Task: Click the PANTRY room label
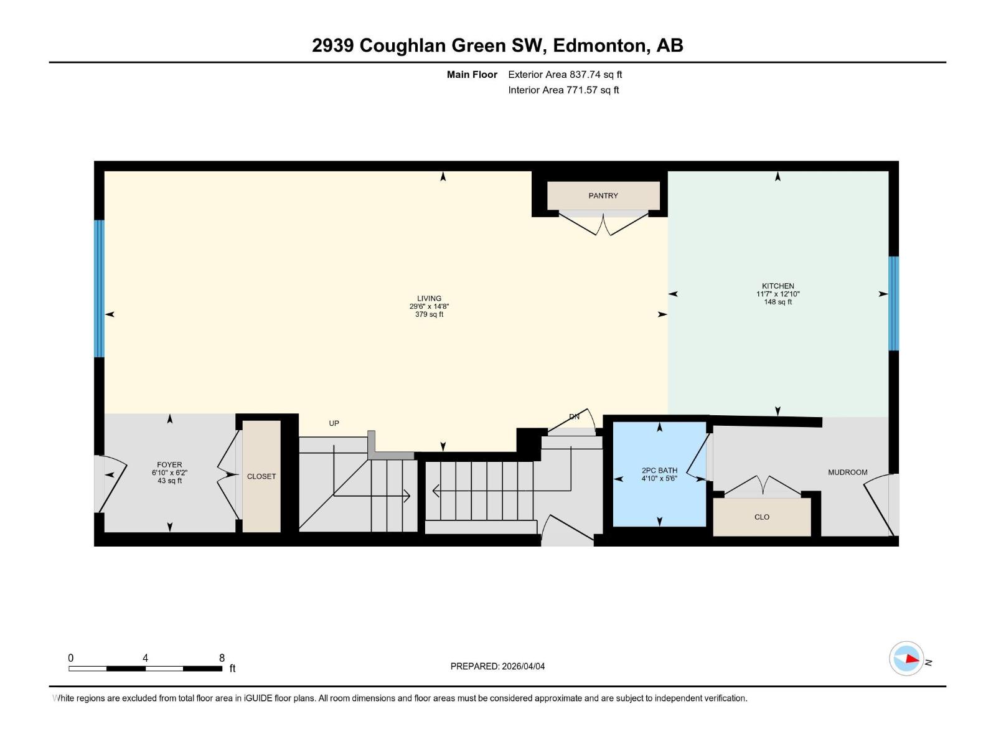tap(603, 195)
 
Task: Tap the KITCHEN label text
tap(778, 286)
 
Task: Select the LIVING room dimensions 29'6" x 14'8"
tap(429, 306)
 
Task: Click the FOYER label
tap(169, 465)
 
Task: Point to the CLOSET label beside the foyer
tap(261, 476)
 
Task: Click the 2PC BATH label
tap(659, 471)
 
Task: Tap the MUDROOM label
tap(847, 472)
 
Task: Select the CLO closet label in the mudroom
tap(762, 517)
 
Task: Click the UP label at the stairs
tap(334, 423)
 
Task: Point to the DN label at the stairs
tap(574, 416)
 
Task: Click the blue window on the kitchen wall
tap(893, 303)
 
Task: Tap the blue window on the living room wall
tap(99, 288)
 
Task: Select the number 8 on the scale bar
tap(222, 658)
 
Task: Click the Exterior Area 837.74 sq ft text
tap(565, 75)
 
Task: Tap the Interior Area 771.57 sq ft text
tap(563, 90)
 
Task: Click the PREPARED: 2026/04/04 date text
tap(497, 666)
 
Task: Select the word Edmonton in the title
tap(599, 45)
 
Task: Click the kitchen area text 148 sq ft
tap(778, 302)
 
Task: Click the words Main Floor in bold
tap(472, 75)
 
